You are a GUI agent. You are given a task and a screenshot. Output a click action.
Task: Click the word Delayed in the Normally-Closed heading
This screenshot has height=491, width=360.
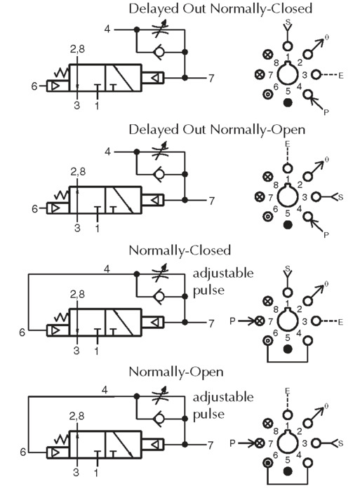[x=154, y=8]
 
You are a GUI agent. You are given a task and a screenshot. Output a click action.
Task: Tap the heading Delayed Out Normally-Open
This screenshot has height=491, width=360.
[x=217, y=130]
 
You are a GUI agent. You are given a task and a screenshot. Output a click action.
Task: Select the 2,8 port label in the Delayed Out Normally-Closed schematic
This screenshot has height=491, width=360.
[x=77, y=49]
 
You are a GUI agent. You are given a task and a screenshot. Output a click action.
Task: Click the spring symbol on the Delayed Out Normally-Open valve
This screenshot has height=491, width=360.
[x=61, y=196]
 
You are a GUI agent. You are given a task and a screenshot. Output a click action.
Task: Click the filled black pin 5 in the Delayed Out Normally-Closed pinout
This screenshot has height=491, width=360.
[x=288, y=102]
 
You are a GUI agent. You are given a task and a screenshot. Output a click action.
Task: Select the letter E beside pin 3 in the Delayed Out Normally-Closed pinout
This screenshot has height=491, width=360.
[x=340, y=76]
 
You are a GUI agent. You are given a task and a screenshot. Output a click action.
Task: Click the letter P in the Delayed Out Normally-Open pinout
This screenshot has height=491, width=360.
[x=326, y=234]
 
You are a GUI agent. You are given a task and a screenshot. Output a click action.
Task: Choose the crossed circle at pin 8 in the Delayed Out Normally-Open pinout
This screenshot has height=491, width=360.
[x=267, y=177]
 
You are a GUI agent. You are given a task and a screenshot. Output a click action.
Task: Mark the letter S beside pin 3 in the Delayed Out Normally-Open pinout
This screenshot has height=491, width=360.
[x=341, y=197]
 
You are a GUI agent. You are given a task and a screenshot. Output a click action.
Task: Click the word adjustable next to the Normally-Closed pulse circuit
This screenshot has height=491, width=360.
[x=222, y=274]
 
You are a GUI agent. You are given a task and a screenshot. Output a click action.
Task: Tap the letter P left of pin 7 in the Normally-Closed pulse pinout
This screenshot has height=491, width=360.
[x=232, y=321]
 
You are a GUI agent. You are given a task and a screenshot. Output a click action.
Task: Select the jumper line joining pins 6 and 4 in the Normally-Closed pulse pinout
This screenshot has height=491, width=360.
[x=288, y=362]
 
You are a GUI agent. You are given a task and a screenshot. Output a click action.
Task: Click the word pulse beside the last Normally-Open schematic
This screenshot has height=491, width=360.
[x=208, y=415]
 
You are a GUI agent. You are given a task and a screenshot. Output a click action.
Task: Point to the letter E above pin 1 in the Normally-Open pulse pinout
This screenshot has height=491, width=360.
[x=287, y=391]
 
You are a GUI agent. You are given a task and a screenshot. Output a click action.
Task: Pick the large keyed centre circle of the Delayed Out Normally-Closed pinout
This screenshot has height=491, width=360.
[x=288, y=74]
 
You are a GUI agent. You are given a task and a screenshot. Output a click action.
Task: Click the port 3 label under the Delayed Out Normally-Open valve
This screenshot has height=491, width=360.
[x=77, y=228]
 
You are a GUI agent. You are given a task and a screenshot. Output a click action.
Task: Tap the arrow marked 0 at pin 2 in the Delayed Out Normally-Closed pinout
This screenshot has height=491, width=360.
[x=315, y=47]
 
